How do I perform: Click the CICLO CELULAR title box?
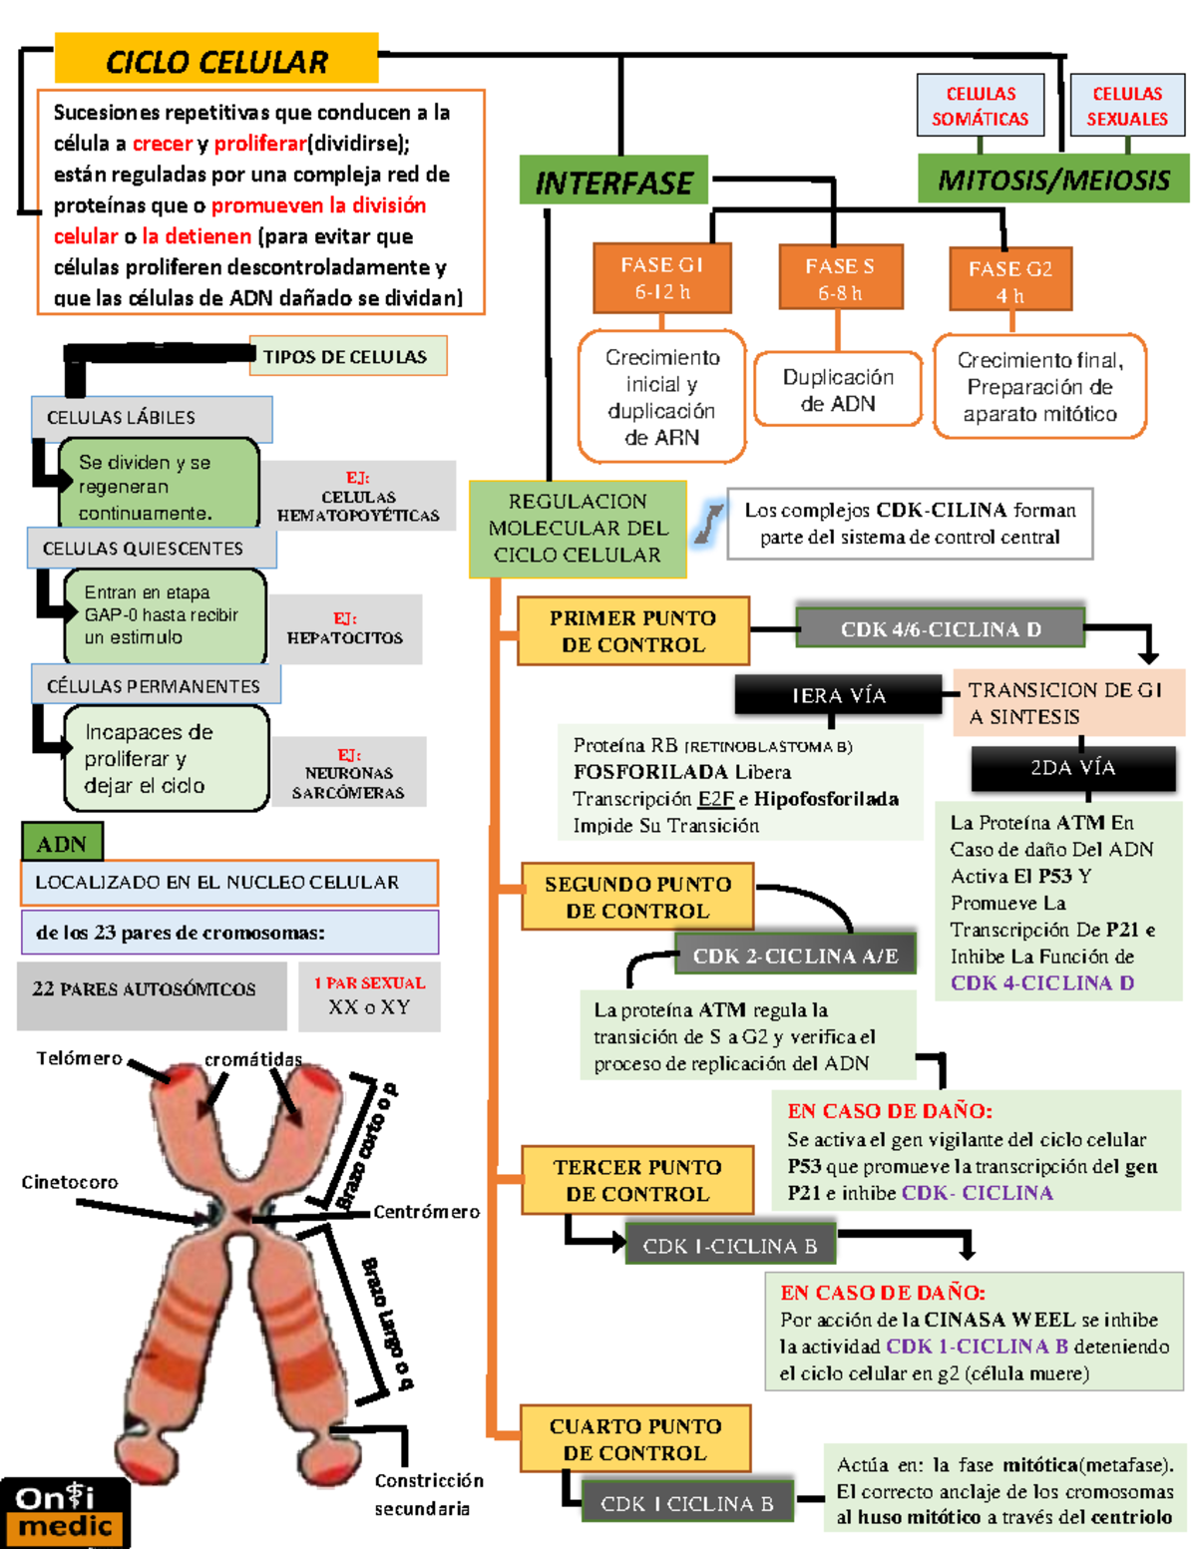pyautogui.click(x=216, y=60)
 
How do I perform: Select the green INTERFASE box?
pyautogui.click(x=613, y=182)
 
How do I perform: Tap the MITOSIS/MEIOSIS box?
pyautogui.click(x=1052, y=180)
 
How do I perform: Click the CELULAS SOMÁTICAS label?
pyautogui.click(x=980, y=106)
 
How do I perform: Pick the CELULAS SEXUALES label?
pyautogui.click(x=1127, y=106)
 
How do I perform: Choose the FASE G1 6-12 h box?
pyautogui.click(x=661, y=278)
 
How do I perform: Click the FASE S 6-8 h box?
pyautogui.click(x=840, y=279)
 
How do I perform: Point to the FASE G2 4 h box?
pyautogui.click(x=1009, y=281)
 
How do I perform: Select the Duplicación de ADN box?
pyautogui.click(x=838, y=390)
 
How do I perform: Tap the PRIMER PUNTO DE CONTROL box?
pyautogui.click(x=632, y=631)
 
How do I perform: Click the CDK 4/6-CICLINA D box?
pyautogui.click(x=940, y=629)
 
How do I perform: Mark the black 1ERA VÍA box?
pyautogui.click(x=838, y=695)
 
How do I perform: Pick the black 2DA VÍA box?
pyautogui.click(x=1072, y=768)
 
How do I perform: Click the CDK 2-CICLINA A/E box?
pyautogui.click(x=795, y=956)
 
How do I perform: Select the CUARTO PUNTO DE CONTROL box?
pyautogui.click(x=635, y=1439)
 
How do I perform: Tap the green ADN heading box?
pyautogui.click(x=62, y=844)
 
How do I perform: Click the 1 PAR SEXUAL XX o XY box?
pyautogui.click(x=369, y=995)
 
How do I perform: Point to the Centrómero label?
pyautogui.click(x=426, y=1212)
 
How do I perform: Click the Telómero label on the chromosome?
pyautogui.click(x=79, y=1058)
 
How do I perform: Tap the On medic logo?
pyautogui.click(x=66, y=1512)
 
